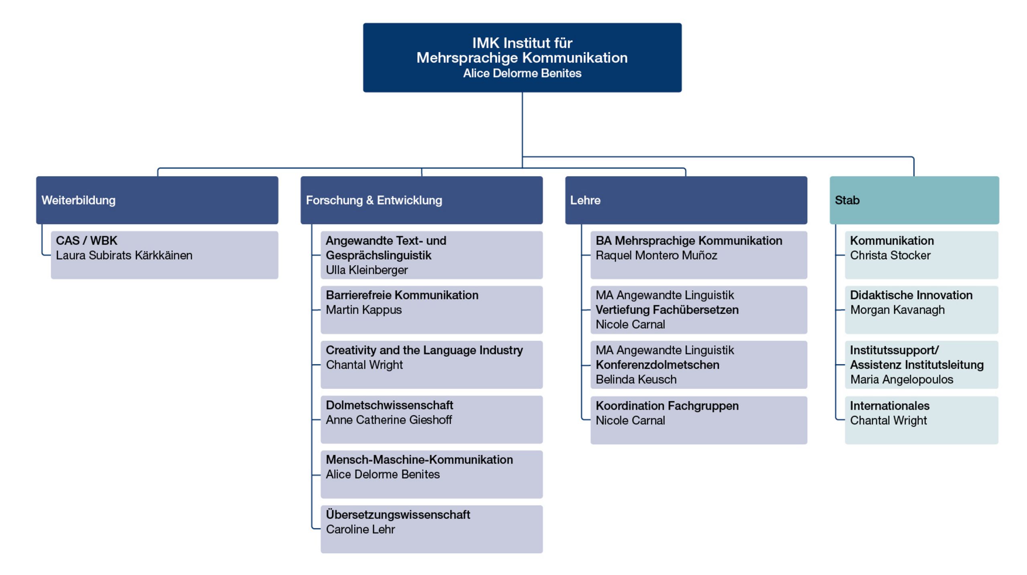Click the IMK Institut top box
(522, 57)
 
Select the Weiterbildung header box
(157, 200)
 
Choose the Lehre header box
(686, 200)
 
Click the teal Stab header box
(914, 200)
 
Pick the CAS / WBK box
(164, 255)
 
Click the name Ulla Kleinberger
(367, 270)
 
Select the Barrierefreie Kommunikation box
(432, 309)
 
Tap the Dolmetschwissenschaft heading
(390, 405)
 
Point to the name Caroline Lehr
(360, 529)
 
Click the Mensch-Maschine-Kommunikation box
(432, 474)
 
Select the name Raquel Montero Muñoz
(656, 255)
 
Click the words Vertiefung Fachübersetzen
(667, 310)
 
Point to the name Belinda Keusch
(636, 379)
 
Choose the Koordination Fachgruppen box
(699, 420)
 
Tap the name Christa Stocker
(890, 255)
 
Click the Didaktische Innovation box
(921, 309)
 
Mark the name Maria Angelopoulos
(901, 379)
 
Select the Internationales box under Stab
(921, 420)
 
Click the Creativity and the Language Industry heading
(424, 350)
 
